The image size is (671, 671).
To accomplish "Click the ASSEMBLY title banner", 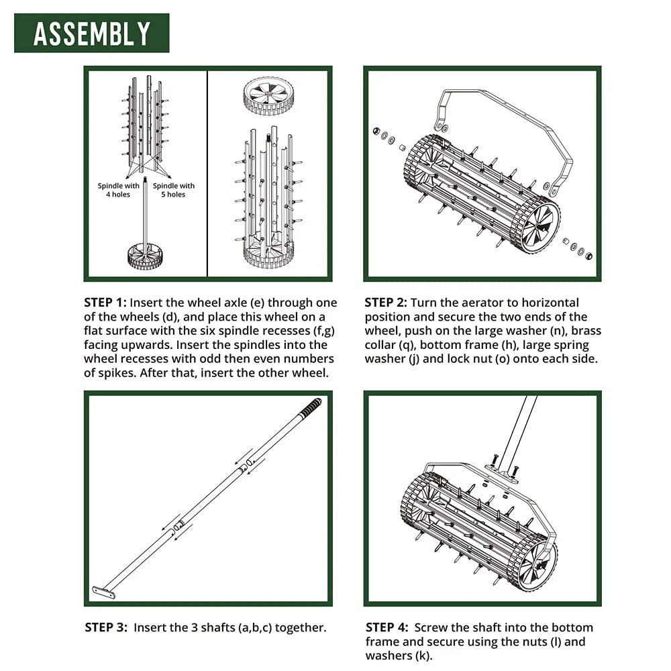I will (x=91, y=33).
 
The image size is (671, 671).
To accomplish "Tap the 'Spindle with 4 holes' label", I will (x=119, y=190).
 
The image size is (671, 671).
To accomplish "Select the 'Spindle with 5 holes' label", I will (x=174, y=190).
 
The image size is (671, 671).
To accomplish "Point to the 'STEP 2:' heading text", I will (x=386, y=303).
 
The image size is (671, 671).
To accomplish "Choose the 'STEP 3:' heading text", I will (x=106, y=628).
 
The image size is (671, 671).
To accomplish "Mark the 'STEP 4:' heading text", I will (x=386, y=627).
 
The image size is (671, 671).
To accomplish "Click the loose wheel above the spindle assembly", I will (x=268, y=94).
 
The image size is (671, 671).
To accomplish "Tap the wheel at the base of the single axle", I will (x=146, y=256).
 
